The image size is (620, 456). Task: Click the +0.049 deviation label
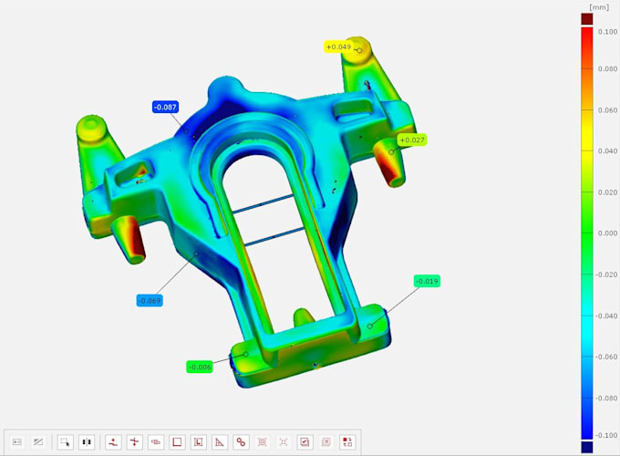(x=337, y=47)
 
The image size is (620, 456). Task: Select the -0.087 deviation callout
(x=165, y=107)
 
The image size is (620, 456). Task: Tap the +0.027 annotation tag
(x=413, y=140)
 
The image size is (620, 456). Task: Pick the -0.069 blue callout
(x=150, y=300)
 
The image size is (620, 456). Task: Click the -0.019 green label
(x=427, y=281)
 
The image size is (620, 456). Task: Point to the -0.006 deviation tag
(x=199, y=367)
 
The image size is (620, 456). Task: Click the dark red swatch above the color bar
(x=586, y=17)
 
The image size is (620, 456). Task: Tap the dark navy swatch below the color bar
(x=586, y=448)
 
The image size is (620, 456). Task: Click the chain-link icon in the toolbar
(x=241, y=442)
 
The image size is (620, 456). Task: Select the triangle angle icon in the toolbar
(x=220, y=442)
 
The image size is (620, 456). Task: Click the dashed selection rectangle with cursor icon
(x=65, y=442)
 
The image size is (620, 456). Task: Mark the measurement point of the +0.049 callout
(x=359, y=50)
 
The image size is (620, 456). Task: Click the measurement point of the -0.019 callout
(x=370, y=326)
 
